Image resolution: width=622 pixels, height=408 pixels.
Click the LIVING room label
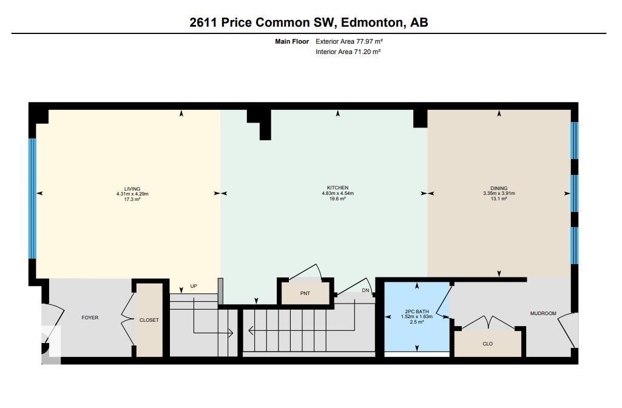point(132,189)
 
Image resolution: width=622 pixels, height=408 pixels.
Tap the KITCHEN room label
point(337,188)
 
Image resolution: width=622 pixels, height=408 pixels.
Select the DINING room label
point(499,188)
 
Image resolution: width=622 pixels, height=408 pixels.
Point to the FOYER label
point(90,318)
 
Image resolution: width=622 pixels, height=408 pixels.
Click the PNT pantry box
point(305,293)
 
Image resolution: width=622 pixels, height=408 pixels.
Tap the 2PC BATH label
point(417,311)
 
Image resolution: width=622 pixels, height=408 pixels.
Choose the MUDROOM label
point(543,313)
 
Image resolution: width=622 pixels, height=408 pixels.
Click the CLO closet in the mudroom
point(487,344)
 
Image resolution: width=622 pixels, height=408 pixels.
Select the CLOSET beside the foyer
point(149,320)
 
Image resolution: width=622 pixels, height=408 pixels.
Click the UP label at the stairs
point(194,286)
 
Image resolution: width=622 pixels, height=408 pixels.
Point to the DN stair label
point(365,290)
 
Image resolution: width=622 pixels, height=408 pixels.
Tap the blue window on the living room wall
point(33,198)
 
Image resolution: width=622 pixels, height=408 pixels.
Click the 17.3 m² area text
point(132,199)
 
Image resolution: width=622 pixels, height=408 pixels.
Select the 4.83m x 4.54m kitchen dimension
point(337,194)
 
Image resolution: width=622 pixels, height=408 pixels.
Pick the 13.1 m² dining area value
point(499,199)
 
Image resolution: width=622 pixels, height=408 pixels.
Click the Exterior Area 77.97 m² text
point(349,41)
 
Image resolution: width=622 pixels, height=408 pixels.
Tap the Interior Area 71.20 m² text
point(348,52)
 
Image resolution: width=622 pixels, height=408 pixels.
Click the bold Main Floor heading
point(292,41)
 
